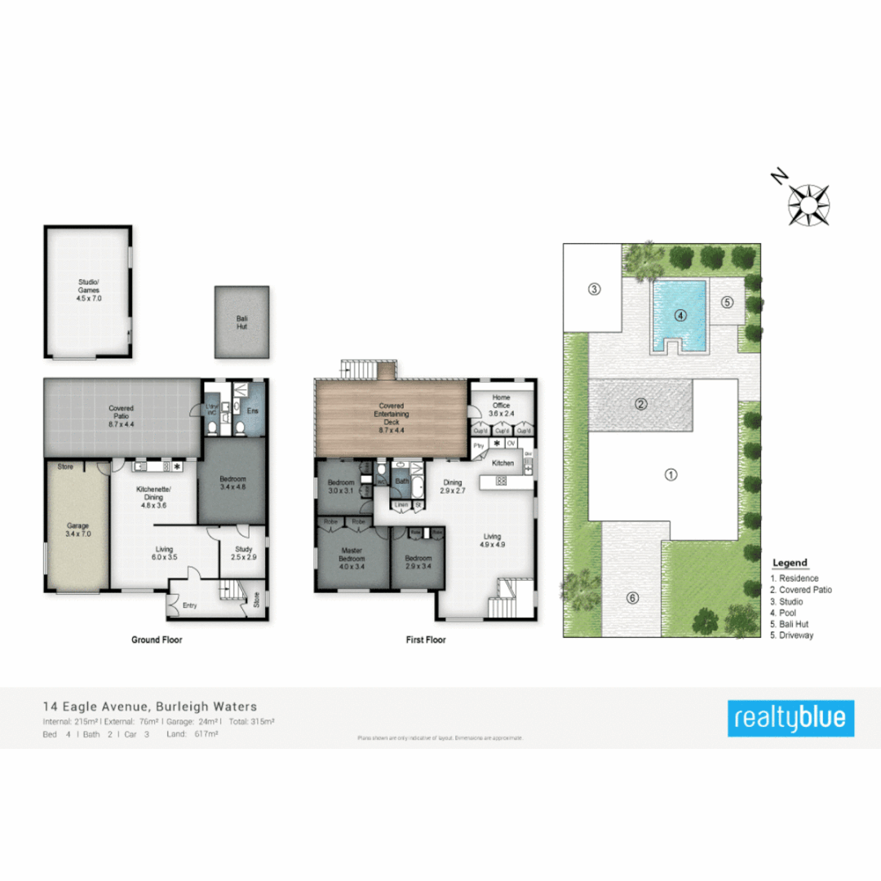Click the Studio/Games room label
(88, 291)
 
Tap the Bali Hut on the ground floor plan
(241, 321)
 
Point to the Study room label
(243, 553)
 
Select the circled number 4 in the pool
(679, 316)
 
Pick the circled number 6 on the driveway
(632, 598)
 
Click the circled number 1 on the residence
(671, 475)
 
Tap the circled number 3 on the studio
(595, 290)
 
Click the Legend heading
(789, 563)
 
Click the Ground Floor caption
(157, 640)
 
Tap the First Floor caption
(426, 640)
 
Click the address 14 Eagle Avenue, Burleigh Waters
(149, 707)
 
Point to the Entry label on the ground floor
(189, 605)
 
